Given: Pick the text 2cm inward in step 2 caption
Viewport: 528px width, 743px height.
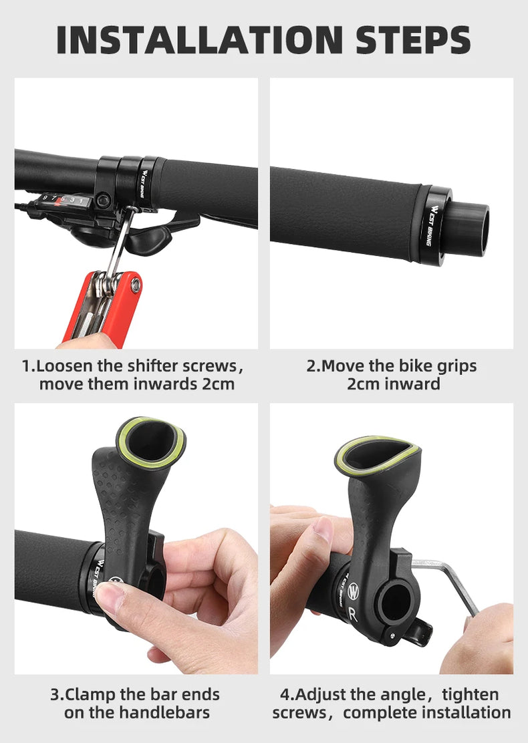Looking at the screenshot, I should coord(393,384).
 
